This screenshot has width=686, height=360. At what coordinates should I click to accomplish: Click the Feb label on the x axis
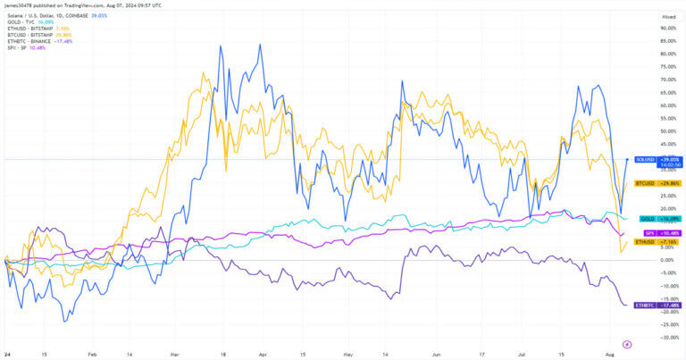point(93,354)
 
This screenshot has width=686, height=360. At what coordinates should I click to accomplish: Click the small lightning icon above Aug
point(626,343)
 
